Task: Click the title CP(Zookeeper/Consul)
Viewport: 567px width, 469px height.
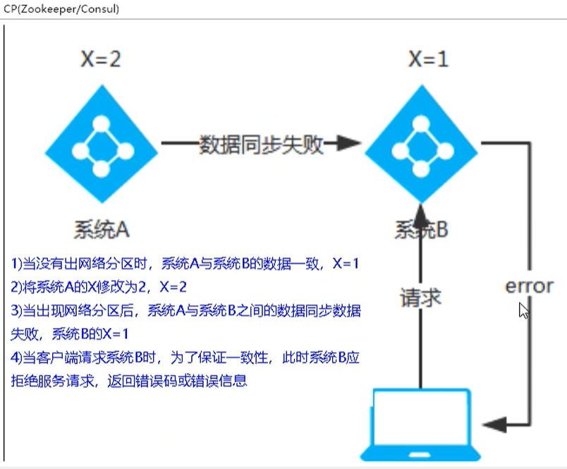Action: coord(61,9)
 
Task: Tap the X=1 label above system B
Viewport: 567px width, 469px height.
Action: coord(427,59)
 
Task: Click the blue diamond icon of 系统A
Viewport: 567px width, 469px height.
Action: coord(102,145)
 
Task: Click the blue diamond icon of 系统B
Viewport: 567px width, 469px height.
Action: coord(421,145)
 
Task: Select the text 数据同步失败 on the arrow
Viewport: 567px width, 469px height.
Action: coord(261,145)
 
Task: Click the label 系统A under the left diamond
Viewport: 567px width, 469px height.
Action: coord(102,229)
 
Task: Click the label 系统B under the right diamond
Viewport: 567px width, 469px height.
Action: coord(421,229)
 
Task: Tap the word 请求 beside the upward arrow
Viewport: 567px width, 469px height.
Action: coord(420,297)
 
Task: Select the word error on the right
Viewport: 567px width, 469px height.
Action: coord(529,286)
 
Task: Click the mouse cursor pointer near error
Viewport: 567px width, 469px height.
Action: coord(523,310)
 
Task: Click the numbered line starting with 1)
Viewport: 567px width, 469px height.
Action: coord(185,264)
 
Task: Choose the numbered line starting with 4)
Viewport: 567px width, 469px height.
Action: coord(185,358)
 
